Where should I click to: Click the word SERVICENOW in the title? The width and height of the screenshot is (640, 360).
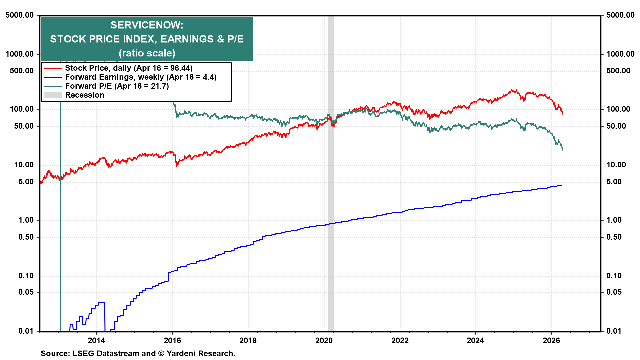[147, 25]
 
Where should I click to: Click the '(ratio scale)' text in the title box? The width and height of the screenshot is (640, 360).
[147, 53]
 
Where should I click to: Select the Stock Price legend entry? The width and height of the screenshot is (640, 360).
[128, 68]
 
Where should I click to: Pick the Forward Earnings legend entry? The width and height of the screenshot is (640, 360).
[140, 77]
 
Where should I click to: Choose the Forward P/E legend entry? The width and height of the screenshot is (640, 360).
[117, 86]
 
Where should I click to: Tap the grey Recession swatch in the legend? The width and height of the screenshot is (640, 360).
[53, 95]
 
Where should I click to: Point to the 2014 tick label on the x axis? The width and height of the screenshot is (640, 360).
[96, 340]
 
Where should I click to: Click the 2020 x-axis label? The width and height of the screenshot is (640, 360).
[324, 340]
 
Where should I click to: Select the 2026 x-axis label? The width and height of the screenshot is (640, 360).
[551, 340]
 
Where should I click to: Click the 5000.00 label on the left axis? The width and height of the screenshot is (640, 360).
[20, 15]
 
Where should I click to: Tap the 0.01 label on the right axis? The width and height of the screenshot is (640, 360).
[614, 331]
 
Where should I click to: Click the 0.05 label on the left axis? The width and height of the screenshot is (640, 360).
[26, 292]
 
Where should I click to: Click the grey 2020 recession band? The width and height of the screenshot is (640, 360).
[330, 200]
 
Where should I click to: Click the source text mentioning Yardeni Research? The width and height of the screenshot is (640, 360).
[138, 353]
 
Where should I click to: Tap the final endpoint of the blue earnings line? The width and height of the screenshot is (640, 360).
[562, 185]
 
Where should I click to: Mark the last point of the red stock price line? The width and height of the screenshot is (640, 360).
[563, 113]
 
